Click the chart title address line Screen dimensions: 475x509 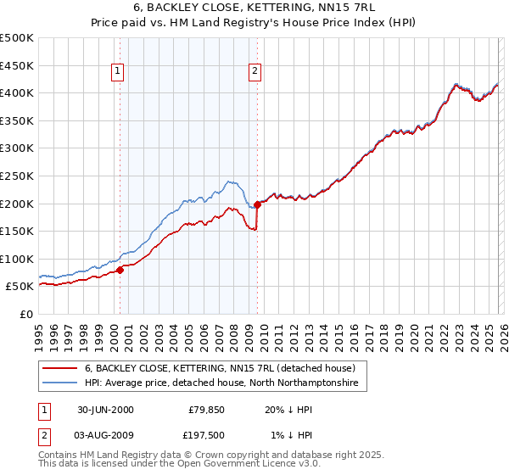pos(255,7)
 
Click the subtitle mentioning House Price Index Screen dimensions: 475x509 pos(255,22)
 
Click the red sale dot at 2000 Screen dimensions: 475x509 pos(120,270)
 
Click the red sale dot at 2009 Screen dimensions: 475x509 pos(256,204)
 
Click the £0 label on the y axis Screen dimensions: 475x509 pos(25,314)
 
